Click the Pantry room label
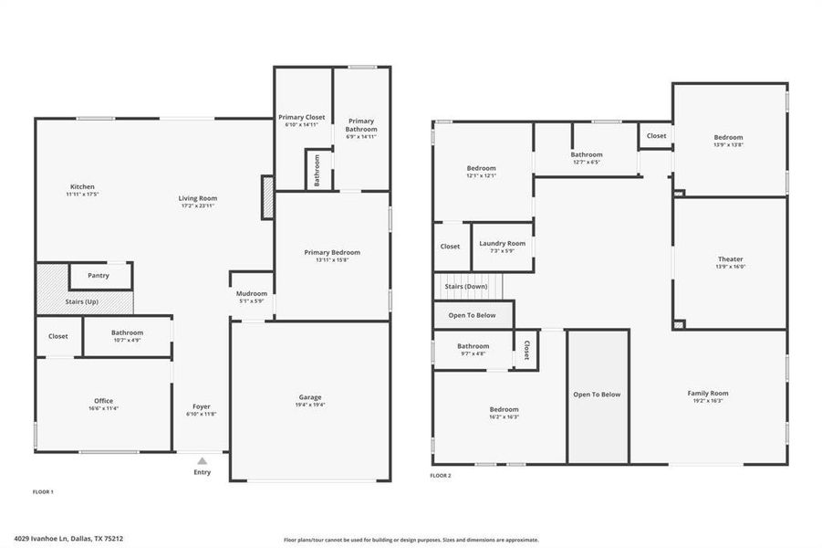click(x=99, y=275)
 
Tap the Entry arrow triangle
click(x=202, y=461)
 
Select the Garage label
click(x=310, y=397)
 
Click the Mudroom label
click(x=251, y=293)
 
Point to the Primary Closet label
click(x=301, y=118)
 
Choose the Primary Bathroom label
click(x=361, y=125)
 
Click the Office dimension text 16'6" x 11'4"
click(x=103, y=408)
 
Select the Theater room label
click(x=730, y=259)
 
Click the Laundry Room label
click(x=503, y=243)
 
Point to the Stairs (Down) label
click(x=465, y=286)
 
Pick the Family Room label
click(x=707, y=393)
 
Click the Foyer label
click(x=202, y=406)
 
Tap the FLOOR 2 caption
click(x=441, y=476)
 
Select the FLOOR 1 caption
click(x=43, y=492)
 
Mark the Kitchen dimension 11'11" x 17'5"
click(x=82, y=195)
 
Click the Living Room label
click(x=197, y=198)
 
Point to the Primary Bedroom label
click(x=332, y=252)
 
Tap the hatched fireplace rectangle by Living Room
click(x=267, y=197)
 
